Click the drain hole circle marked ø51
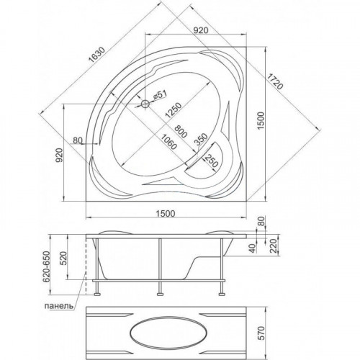coord(145,104)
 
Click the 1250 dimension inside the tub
coord(174,110)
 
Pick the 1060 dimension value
coord(169,142)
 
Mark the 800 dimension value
coord(181,131)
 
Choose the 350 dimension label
coord(200,140)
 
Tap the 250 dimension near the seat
coord(211,160)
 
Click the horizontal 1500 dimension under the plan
coord(166,213)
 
